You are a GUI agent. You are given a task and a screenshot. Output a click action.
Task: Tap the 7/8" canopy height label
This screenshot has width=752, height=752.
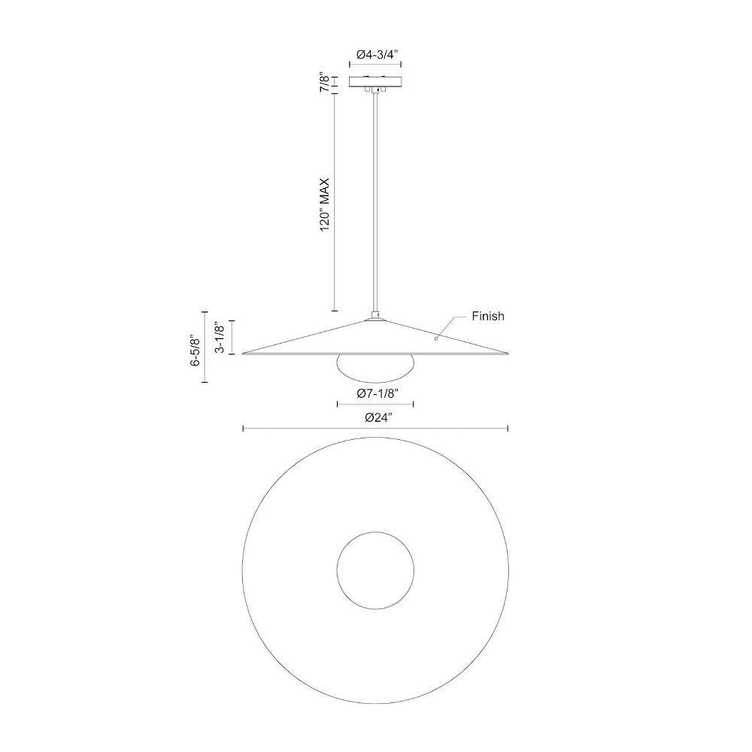[x=325, y=82]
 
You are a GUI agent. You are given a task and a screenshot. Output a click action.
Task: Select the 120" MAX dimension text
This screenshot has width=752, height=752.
[x=325, y=205]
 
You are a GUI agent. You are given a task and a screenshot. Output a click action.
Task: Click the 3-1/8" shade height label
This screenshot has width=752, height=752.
[x=220, y=337]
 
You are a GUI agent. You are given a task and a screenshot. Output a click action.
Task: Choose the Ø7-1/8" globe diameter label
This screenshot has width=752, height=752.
[x=378, y=393]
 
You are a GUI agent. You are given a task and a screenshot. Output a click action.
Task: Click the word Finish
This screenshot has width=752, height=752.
[x=488, y=316]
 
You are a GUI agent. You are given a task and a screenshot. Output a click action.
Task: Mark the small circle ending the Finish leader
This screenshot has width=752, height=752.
[x=436, y=338]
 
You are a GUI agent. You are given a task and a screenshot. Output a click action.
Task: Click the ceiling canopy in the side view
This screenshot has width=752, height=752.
[x=375, y=81]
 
